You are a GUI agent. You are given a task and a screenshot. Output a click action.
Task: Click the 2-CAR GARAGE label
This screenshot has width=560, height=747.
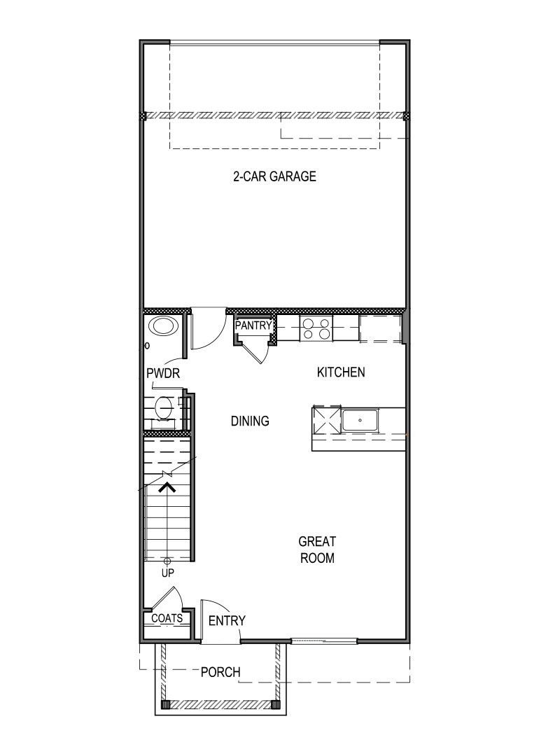tap(274, 176)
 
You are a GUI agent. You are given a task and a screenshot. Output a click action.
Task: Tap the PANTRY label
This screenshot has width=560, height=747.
tap(253, 326)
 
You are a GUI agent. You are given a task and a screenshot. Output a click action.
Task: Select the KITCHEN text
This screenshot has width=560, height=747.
tap(341, 372)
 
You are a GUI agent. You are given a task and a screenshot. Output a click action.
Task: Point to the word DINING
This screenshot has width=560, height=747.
tap(250, 421)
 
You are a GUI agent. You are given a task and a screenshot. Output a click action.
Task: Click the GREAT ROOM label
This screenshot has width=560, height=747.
tap(316, 550)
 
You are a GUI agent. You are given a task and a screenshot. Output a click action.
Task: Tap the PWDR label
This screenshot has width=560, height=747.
tap(163, 374)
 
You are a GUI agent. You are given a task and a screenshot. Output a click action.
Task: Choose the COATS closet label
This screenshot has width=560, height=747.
tap(167, 619)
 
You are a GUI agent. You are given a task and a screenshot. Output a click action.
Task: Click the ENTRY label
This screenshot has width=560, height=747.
tap(227, 620)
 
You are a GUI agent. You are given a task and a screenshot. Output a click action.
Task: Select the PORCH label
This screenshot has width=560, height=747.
tap(220, 673)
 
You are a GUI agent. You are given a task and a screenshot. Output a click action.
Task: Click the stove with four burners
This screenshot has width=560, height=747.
tap(316, 328)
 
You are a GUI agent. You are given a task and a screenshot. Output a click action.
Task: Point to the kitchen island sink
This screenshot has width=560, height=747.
tap(360, 421)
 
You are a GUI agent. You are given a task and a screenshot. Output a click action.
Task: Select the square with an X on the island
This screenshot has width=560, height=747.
tap(326, 421)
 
